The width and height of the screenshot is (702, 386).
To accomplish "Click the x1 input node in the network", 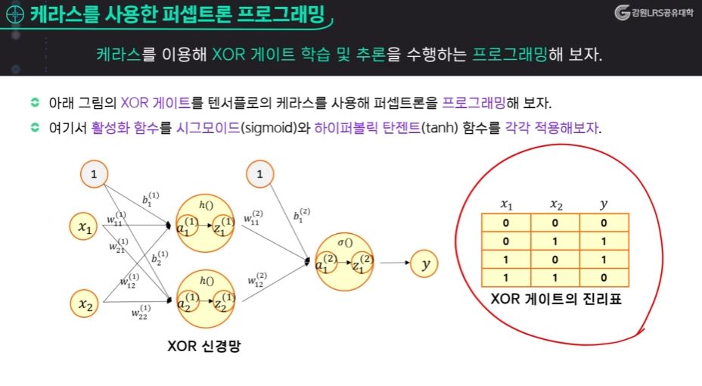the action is [x=85, y=226].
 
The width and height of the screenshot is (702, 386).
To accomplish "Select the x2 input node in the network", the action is [x=85, y=304].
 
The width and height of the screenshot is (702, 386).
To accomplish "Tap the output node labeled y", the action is [x=425, y=264].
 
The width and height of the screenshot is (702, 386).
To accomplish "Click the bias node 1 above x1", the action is [x=94, y=175].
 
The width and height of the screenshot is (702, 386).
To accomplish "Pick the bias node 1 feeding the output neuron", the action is [x=259, y=175].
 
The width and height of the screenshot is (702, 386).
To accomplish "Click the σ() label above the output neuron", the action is [x=345, y=242].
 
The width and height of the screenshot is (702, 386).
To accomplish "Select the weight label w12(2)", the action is [x=257, y=280].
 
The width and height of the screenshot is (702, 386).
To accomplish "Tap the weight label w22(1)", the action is [x=140, y=311].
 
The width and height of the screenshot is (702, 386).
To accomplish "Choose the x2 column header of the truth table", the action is [x=556, y=204].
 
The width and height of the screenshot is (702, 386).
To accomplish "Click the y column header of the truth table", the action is [x=603, y=204].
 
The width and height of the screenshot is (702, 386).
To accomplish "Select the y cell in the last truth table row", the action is [x=604, y=277].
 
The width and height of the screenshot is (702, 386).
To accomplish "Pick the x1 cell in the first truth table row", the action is [x=506, y=223].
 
